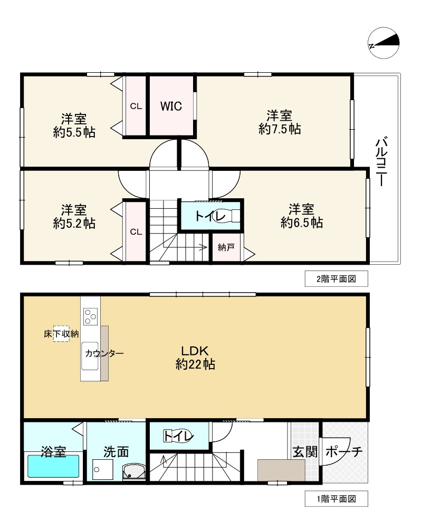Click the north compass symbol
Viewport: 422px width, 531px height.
[383, 43]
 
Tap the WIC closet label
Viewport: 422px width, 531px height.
[171, 106]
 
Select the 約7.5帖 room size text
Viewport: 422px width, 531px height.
[280, 129]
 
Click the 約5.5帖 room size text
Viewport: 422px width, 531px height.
[74, 132]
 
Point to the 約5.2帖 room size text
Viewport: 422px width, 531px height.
[74, 224]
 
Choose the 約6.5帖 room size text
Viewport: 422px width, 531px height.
[301, 223]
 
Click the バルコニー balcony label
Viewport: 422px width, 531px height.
[381, 161]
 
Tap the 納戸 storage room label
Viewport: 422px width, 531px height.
[226, 247]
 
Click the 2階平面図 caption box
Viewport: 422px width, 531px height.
[337, 279]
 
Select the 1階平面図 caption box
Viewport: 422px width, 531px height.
[337, 499]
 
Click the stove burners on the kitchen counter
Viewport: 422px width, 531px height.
[90, 316]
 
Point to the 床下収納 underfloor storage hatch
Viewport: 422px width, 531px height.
[61, 334]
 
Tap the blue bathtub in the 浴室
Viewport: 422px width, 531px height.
[53, 466]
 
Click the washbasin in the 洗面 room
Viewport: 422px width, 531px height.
[134, 471]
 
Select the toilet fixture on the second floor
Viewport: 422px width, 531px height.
[227, 216]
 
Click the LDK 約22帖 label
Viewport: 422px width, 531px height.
[195, 358]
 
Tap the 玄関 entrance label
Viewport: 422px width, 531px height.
[305, 452]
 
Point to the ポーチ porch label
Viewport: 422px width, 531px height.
[344, 452]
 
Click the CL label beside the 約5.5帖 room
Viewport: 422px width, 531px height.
[136, 106]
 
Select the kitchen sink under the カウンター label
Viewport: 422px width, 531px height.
[90, 356]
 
